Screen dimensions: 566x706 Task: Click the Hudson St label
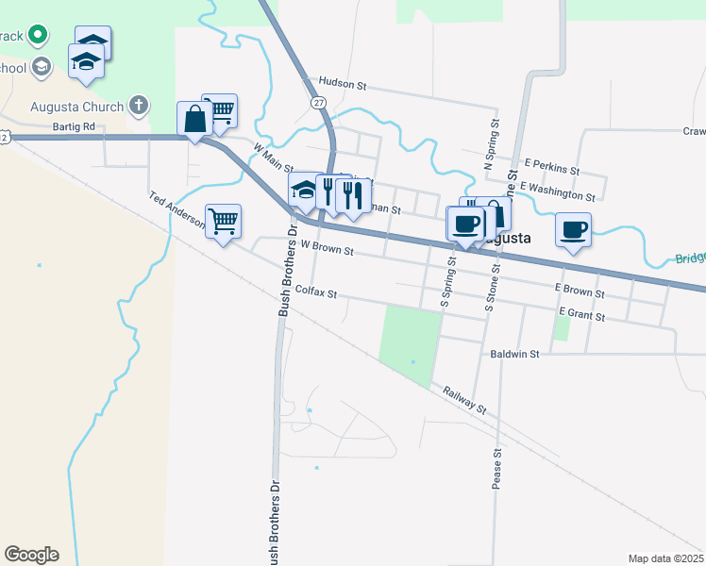(x=343, y=83)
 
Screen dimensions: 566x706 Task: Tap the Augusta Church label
(x=76, y=107)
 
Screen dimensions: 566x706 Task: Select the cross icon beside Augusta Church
(x=139, y=106)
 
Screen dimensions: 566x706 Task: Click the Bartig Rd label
(x=75, y=126)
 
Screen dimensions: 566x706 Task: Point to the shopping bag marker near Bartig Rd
(x=194, y=120)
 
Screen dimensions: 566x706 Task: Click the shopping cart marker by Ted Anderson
(x=224, y=222)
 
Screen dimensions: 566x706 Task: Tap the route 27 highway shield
(x=319, y=102)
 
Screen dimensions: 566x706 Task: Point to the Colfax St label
(x=315, y=292)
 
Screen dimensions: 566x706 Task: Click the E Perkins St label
(x=552, y=168)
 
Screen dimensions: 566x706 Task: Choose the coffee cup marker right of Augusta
(x=573, y=228)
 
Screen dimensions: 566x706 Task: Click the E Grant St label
(x=581, y=312)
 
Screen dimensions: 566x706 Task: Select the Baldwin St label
(x=514, y=355)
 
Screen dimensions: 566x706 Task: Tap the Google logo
(x=31, y=555)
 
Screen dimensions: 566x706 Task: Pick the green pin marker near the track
(x=38, y=36)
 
